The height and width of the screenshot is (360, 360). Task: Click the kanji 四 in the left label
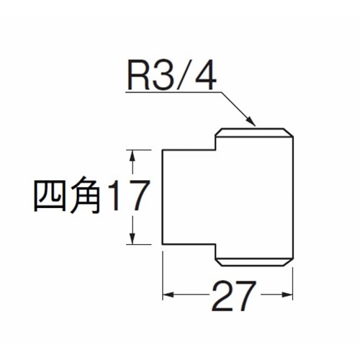(x=50, y=197)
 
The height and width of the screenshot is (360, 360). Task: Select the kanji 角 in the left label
(x=85, y=196)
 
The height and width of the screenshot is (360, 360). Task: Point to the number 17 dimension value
(x=129, y=196)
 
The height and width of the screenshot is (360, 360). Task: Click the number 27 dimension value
(x=234, y=296)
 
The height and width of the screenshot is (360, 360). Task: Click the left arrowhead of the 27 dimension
(x=168, y=294)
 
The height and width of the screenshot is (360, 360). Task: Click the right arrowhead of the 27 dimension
(x=287, y=294)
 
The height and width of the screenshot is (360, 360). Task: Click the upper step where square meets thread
(x=215, y=150)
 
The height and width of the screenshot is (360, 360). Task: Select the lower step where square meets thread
(x=215, y=244)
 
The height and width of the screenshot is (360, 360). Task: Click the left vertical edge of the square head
(x=163, y=197)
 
